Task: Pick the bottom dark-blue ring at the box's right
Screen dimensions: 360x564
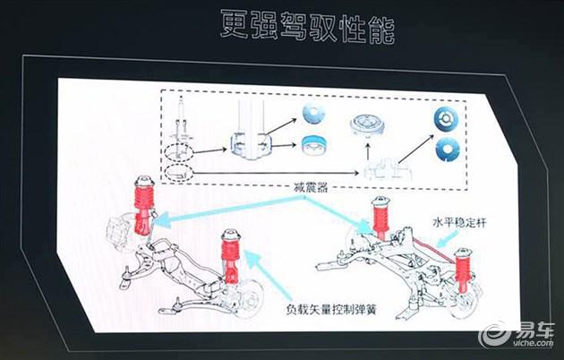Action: (x=448, y=150)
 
